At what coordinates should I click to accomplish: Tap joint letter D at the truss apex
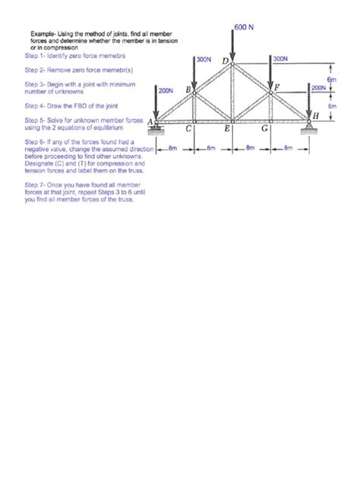(225, 59)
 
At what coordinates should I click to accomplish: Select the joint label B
(188, 90)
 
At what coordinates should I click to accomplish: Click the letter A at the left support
(150, 121)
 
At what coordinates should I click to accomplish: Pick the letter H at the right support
(316, 114)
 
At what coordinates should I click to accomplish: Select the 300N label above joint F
(279, 58)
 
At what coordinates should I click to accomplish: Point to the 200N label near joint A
(166, 90)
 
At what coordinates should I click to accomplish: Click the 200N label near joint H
(320, 87)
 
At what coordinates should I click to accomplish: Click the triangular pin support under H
(309, 125)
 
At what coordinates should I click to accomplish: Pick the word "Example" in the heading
(43, 35)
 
